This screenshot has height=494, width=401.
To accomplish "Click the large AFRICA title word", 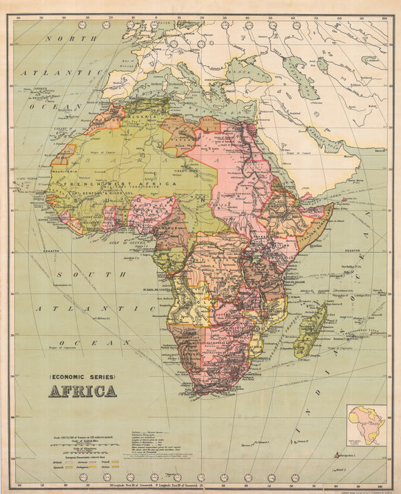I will pos(82,391).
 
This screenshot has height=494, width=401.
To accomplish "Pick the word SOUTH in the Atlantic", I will pos(78,274).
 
